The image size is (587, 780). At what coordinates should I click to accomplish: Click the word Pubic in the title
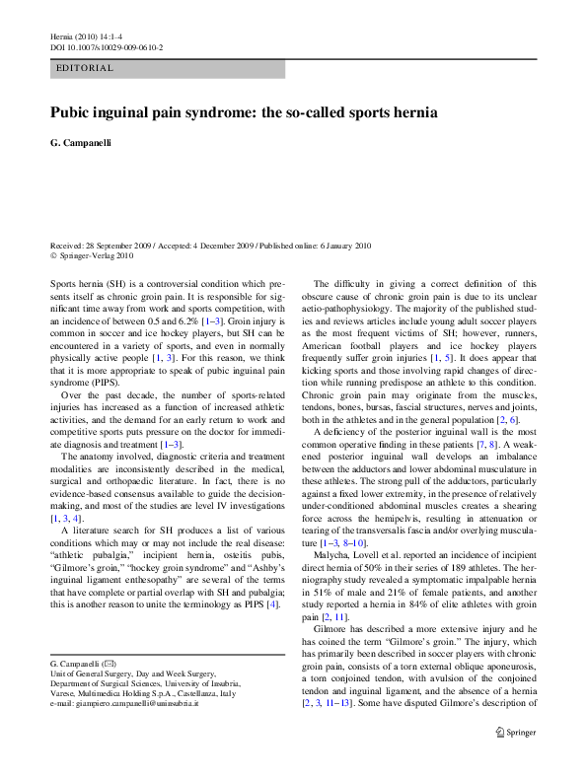pos(73,113)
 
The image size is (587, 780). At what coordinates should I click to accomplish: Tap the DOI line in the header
pos(107,46)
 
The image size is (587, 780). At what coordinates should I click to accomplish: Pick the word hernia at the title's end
pos(411,113)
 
